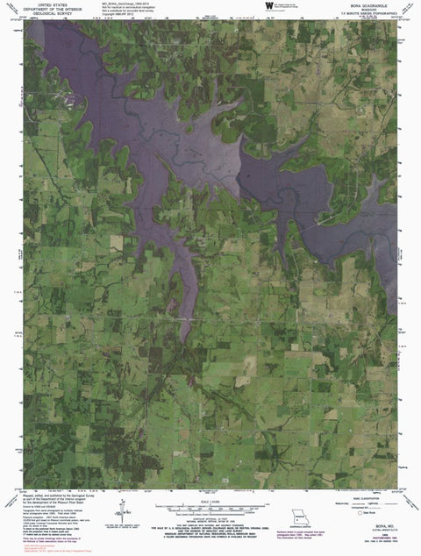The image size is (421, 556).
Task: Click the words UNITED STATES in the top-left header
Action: click(x=43, y=4)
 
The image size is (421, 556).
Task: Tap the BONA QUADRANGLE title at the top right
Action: click(x=365, y=4)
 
